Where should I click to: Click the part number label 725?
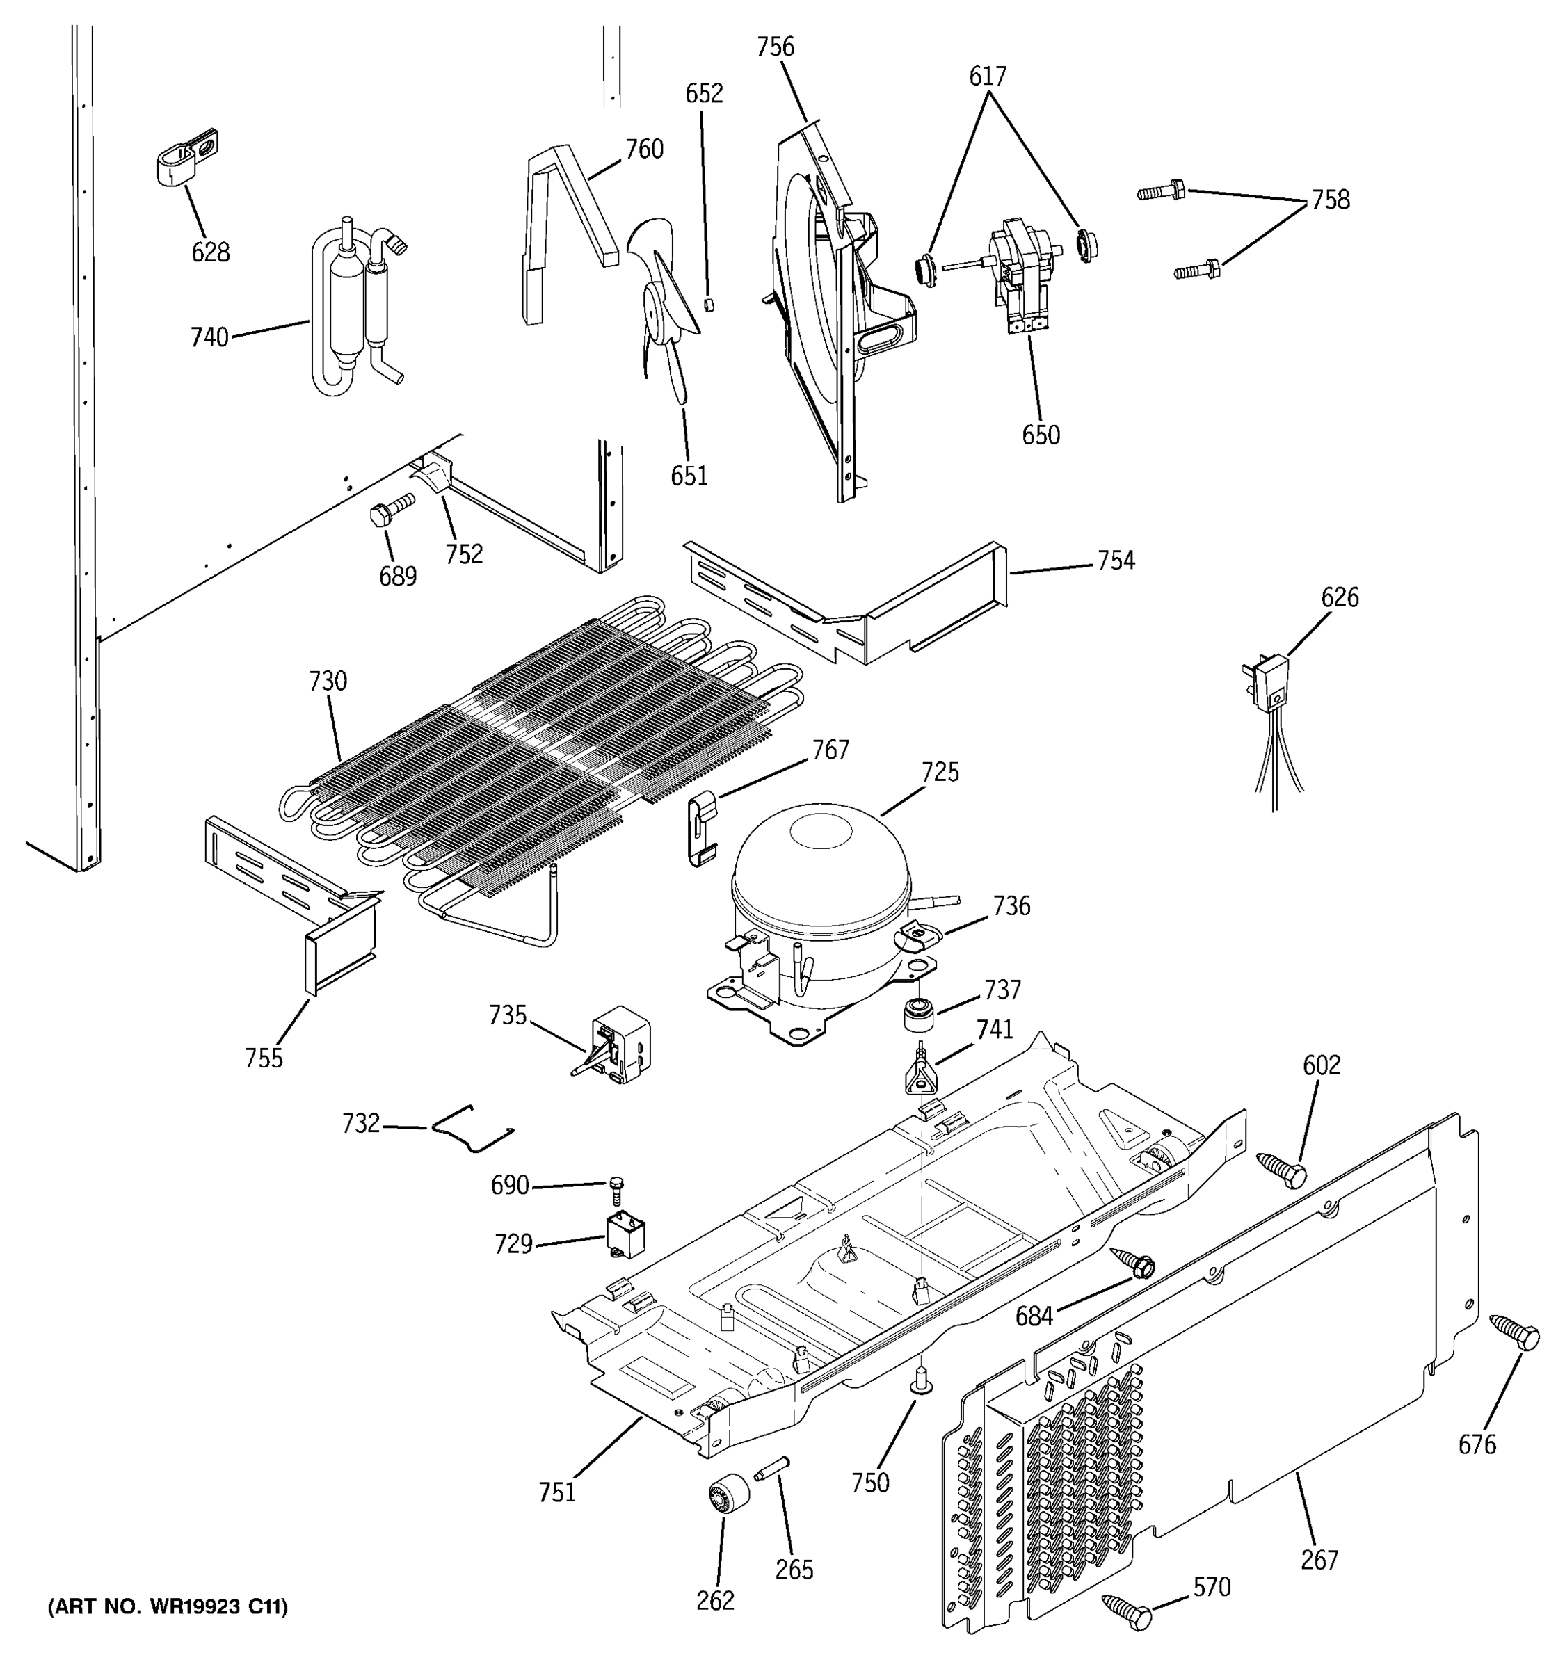tap(940, 771)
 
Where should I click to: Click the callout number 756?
tap(774, 47)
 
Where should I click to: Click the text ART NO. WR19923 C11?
tap(168, 1607)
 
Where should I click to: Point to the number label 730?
tap(328, 681)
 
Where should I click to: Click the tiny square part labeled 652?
tap(708, 303)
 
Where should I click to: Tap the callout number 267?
tap(1319, 1560)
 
